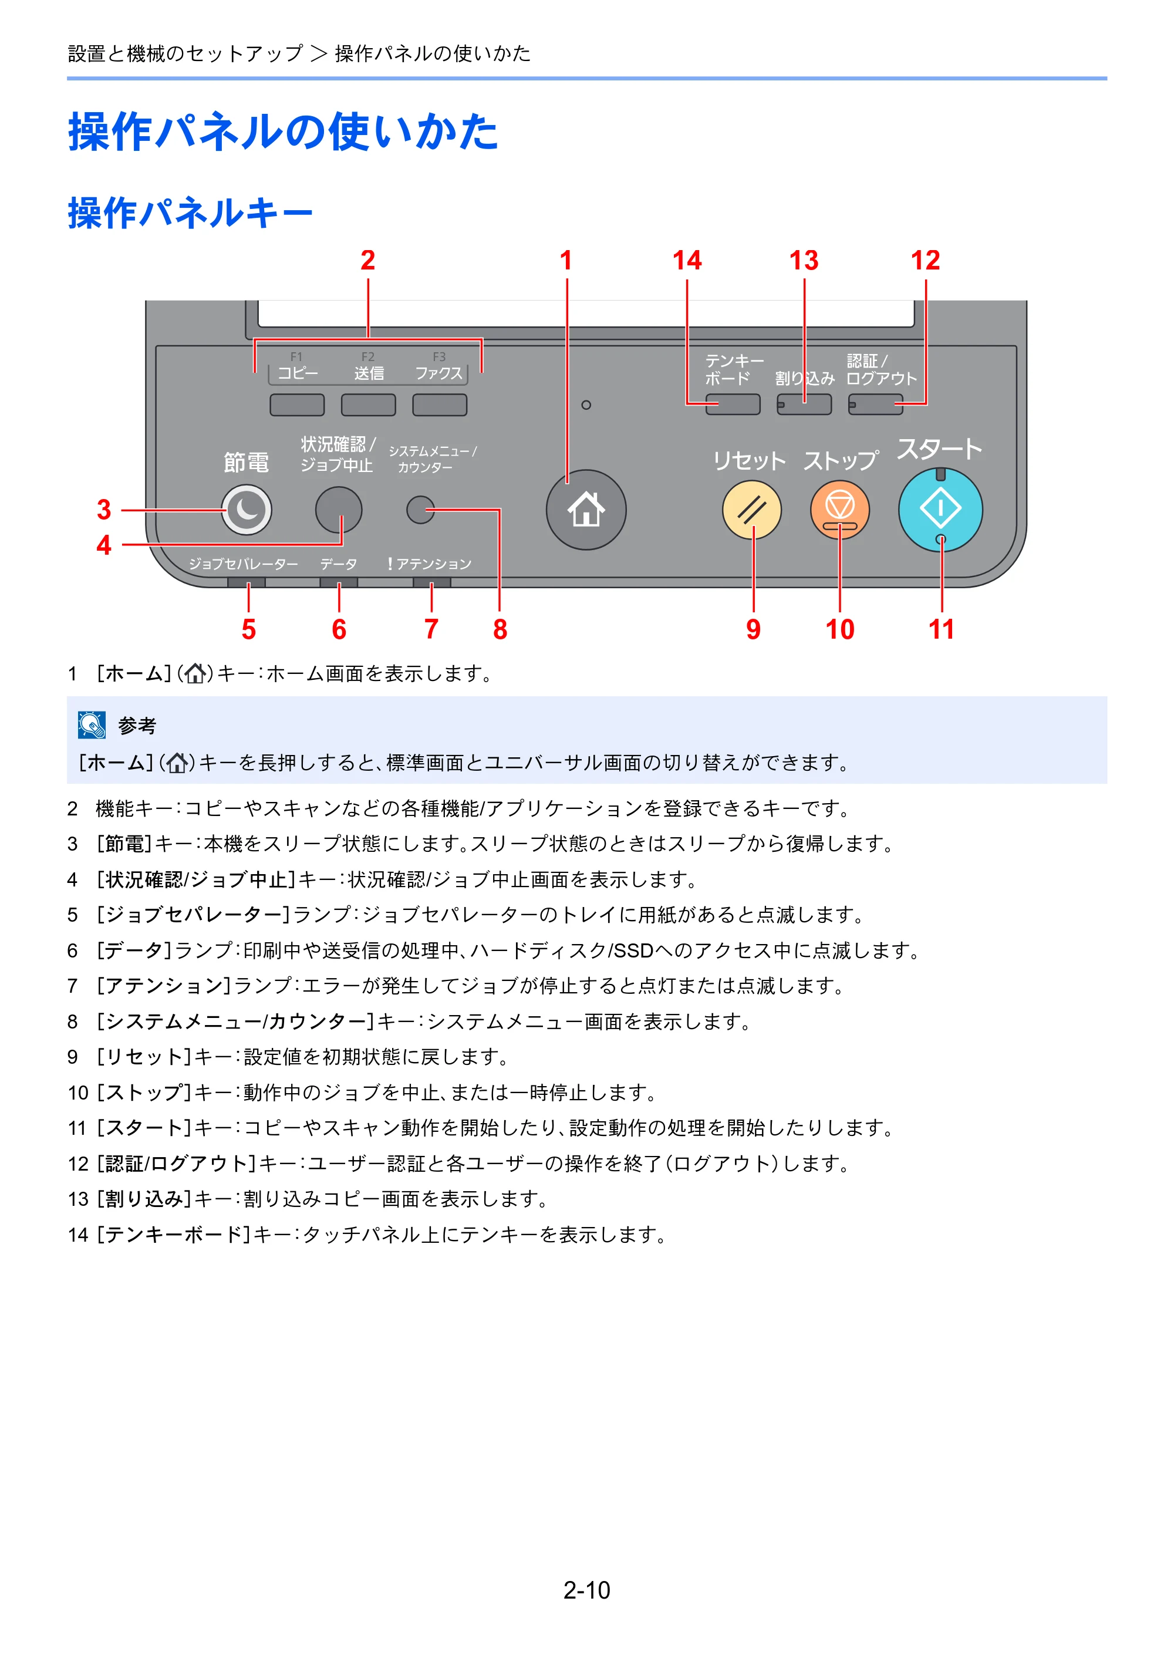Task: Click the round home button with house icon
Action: point(586,510)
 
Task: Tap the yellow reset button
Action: point(752,510)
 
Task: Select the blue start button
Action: point(940,510)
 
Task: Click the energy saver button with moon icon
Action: point(247,510)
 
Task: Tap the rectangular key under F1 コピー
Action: point(297,404)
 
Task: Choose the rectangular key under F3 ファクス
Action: point(439,404)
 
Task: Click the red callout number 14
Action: point(687,261)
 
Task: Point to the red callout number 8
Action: point(500,629)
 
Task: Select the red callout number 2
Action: point(367,261)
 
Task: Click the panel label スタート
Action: point(939,449)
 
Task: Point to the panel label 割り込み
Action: point(804,378)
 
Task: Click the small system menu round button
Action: point(420,510)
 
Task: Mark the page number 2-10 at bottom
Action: point(587,1590)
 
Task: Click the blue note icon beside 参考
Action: point(92,724)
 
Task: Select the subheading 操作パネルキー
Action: point(190,213)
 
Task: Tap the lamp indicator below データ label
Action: point(339,583)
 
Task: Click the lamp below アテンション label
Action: point(431,583)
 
